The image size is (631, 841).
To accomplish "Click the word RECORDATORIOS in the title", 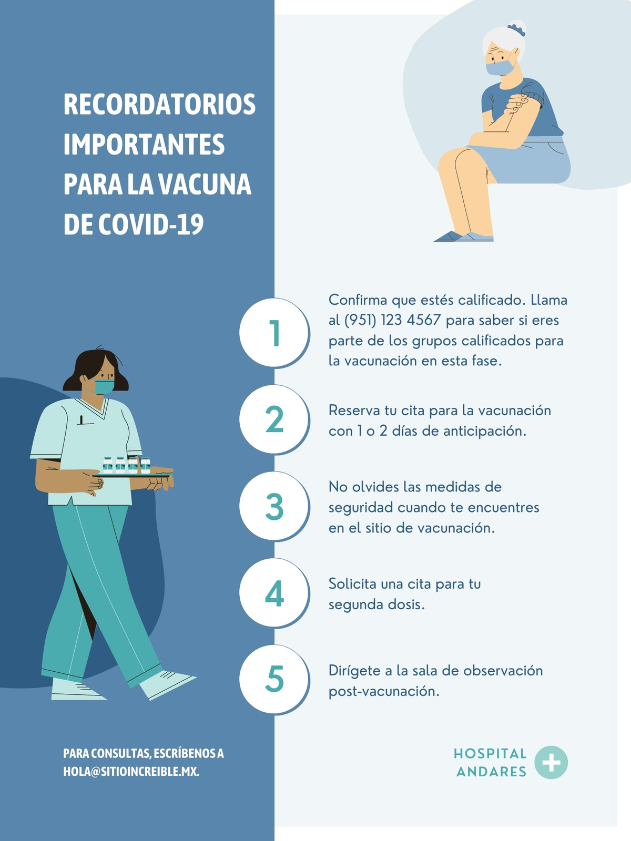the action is click(x=159, y=104).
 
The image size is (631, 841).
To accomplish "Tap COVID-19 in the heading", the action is click(x=151, y=224).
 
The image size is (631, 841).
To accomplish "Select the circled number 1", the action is click(x=274, y=333).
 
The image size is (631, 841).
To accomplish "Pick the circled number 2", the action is click(x=274, y=419).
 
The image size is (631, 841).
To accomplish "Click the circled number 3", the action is click(x=274, y=506).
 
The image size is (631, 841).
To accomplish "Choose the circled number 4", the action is click(x=274, y=593).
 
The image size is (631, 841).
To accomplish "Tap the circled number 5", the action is click(x=274, y=679).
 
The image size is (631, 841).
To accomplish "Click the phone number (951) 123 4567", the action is click(x=393, y=320).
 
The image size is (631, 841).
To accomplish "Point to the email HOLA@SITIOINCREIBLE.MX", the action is click(x=131, y=772).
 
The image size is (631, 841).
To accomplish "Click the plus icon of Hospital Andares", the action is click(x=551, y=763).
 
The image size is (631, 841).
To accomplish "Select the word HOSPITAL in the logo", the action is click(x=490, y=754).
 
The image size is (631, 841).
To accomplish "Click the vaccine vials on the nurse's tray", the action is click(x=126, y=465).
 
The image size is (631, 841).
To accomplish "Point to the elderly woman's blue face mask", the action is click(x=500, y=67).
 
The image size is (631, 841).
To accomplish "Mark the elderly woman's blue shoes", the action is click(x=464, y=237).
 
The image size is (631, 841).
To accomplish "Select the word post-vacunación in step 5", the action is click(x=384, y=692).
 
